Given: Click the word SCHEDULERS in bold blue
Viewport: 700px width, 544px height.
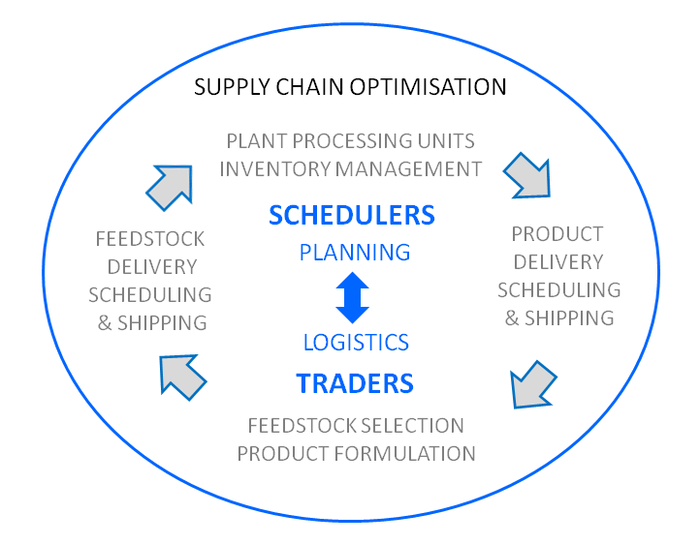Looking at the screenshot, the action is pyautogui.click(x=352, y=215).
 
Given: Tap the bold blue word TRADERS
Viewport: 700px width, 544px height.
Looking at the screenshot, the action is pyautogui.click(x=355, y=383).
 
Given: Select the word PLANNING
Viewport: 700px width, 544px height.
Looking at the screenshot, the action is pyautogui.click(x=355, y=253).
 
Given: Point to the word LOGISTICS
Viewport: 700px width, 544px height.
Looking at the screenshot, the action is pyautogui.click(x=356, y=343).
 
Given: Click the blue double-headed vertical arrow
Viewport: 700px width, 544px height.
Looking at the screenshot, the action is pyautogui.click(x=352, y=297).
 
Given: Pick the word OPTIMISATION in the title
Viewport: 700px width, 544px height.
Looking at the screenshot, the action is pyautogui.click(x=428, y=87).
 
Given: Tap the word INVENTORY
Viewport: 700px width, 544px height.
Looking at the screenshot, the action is pyautogui.click(x=275, y=169).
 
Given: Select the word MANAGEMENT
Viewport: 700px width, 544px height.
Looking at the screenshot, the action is pyautogui.click(x=408, y=169).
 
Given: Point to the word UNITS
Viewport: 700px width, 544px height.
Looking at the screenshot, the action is pyautogui.click(x=446, y=141).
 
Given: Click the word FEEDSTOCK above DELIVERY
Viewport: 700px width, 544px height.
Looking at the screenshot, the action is pyautogui.click(x=150, y=239).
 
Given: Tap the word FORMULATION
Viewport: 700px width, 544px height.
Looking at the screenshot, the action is pyautogui.click(x=404, y=454).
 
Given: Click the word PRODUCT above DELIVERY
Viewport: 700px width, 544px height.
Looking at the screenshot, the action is pyautogui.click(x=557, y=234).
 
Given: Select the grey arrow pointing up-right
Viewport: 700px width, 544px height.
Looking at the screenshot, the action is pyautogui.click(x=171, y=187).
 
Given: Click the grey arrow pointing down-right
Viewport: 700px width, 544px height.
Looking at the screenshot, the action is pyautogui.click(x=528, y=175).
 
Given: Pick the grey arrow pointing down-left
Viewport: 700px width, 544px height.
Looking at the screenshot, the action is pyautogui.click(x=532, y=385).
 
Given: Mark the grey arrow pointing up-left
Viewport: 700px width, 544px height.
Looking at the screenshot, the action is pyautogui.click(x=181, y=377).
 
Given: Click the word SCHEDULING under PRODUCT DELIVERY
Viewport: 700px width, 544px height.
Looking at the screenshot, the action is pyautogui.click(x=559, y=290).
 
